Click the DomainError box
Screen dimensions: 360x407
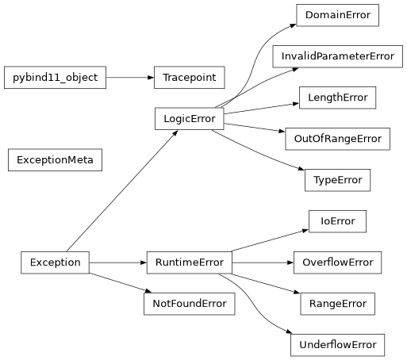coord(337,15)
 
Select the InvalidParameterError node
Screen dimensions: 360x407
coord(337,56)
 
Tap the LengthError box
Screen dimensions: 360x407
coord(337,98)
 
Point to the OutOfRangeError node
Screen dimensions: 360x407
coord(337,139)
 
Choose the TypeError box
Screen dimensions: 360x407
coord(337,180)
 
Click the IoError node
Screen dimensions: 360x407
coord(337,221)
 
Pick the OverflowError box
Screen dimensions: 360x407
coord(337,262)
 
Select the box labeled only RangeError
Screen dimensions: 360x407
coord(337,304)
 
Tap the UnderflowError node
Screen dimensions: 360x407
coord(337,345)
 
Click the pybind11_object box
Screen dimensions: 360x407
coord(55,78)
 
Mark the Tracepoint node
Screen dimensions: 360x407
coord(189,78)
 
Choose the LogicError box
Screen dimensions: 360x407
coord(189,119)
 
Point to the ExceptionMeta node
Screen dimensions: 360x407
coord(55,160)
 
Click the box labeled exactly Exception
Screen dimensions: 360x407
coord(55,262)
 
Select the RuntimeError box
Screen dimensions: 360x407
coord(189,262)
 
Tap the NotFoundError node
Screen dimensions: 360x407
coord(189,304)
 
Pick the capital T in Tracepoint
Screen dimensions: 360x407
coord(165,78)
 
